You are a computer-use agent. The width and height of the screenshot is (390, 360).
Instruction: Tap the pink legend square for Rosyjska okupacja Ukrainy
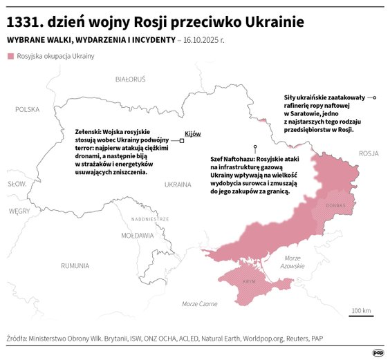tap(10, 56)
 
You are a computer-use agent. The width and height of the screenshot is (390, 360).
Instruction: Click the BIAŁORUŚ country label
tap(131, 79)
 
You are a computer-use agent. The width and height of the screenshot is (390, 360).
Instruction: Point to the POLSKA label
tap(28, 109)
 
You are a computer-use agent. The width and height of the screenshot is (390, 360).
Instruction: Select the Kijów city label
tap(193, 134)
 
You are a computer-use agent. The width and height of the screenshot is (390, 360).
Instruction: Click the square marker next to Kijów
tap(181, 140)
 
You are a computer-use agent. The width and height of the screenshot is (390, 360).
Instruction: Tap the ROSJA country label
tap(370, 153)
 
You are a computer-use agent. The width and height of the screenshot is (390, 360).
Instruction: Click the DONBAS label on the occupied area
tap(335, 205)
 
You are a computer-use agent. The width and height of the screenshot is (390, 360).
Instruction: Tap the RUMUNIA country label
tap(74, 265)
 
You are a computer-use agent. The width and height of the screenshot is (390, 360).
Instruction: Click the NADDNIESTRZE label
tap(149, 218)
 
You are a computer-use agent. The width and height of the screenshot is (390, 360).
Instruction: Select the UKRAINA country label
tap(177, 184)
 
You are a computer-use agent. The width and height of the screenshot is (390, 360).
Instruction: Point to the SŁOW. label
tap(17, 184)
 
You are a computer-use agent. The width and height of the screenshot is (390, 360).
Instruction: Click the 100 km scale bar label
tap(361, 310)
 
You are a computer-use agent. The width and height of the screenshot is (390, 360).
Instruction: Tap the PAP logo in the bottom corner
tap(378, 352)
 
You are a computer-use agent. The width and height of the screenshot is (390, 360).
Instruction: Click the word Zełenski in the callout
tap(88, 131)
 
